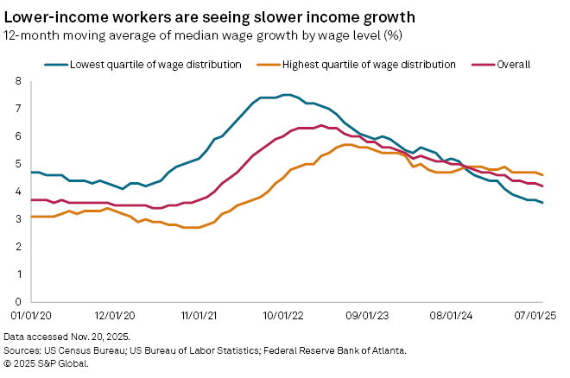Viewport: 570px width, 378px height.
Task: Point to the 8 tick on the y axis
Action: point(16,81)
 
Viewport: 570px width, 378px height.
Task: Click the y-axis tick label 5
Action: point(16,164)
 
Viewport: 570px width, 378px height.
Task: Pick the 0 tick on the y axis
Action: point(16,301)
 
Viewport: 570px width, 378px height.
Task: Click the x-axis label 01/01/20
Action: point(32,317)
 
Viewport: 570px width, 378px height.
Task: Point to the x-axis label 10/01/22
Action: point(287,317)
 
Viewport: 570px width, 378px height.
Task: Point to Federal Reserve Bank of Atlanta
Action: point(350,350)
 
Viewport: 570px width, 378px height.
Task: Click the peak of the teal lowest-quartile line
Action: point(287,95)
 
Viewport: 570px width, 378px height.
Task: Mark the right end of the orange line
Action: point(541,175)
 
